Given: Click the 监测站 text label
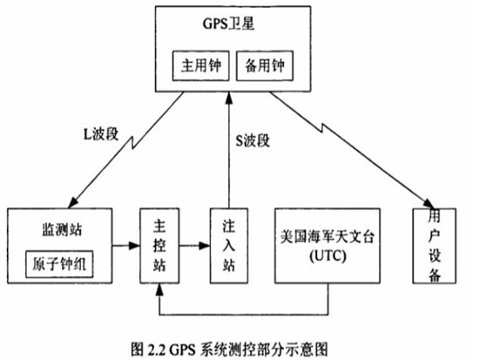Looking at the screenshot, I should pos(57,229).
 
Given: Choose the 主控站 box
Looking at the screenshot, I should pos(159,245).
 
